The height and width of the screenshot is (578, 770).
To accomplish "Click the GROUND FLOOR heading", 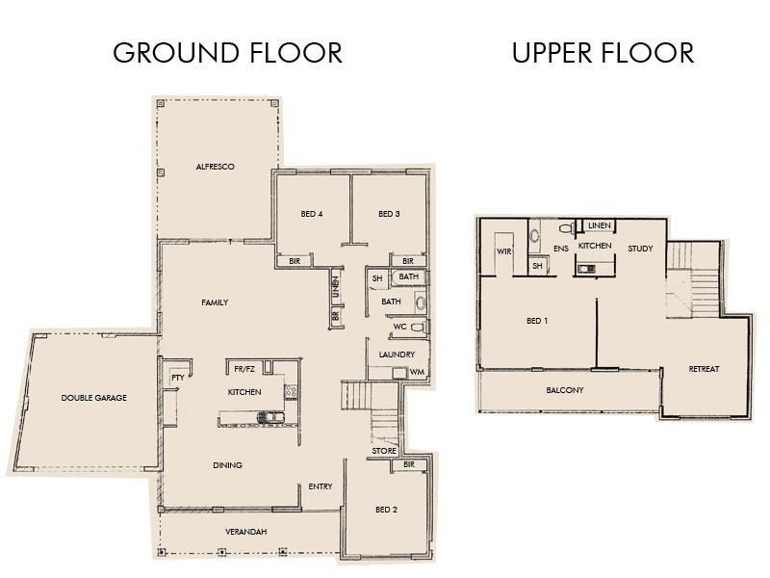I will pyautogui.click(x=227, y=52).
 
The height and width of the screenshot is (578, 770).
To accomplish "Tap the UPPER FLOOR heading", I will pyautogui.click(x=603, y=52).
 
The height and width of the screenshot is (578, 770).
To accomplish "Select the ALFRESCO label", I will pyautogui.click(x=216, y=167).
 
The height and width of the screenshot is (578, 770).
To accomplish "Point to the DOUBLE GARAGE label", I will pyautogui.click(x=94, y=398).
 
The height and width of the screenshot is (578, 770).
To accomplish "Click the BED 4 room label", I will pyautogui.click(x=310, y=214).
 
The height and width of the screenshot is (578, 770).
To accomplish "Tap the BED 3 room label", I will pyautogui.click(x=389, y=214).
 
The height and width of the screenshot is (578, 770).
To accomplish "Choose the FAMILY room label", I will pyautogui.click(x=215, y=302).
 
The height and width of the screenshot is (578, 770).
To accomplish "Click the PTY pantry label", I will pyautogui.click(x=178, y=377).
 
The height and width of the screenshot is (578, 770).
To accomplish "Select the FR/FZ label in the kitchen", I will pyautogui.click(x=244, y=367).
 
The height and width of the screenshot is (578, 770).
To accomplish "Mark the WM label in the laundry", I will pyautogui.click(x=417, y=372).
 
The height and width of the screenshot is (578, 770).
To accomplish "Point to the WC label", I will pyautogui.click(x=399, y=327).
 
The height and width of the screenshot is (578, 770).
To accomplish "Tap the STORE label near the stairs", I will pyautogui.click(x=384, y=451).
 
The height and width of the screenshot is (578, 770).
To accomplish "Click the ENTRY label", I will pyautogui.click(x=321, y=486).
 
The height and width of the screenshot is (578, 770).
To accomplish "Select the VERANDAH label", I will pyautogui.click(x=247, y=532).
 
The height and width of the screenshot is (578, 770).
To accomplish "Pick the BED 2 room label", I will pyautogui.click(x=386, y=510).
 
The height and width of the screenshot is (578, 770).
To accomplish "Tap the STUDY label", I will pyautogui.click(x=640, y=249).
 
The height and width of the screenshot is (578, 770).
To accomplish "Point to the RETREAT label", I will pyautogui.click(x=704, y=369).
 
